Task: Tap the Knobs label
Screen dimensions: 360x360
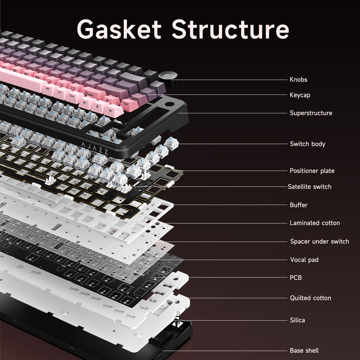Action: pyautogui.click(x=298, y=79)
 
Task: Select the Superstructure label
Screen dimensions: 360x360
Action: pyautogui.click(x=311, y=113)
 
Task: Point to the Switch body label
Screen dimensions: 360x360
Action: pyautogui.click(x=307, y=144)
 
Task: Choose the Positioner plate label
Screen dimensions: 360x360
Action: pyautogui.click(x=312, y=171)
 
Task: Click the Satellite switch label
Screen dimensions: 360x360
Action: pyautogui.click(x=309, y=187)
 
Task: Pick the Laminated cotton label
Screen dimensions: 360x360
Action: pyautogui.click(x=314, y=223)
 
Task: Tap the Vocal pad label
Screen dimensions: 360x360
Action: pyautogui.click(x=304, y=260)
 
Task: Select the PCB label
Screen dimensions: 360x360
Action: pyautogui.click(x=295, y=278)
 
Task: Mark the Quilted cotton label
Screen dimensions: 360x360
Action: pyautogui.click(x=310, y=298)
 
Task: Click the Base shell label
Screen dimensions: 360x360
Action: pyautogui.click(x=304, y=350)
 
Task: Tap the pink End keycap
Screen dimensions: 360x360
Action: pyautogui.click(x=126, y=104)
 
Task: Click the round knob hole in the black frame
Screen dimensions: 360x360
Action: pyautogui.click(x=169, y=105)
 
